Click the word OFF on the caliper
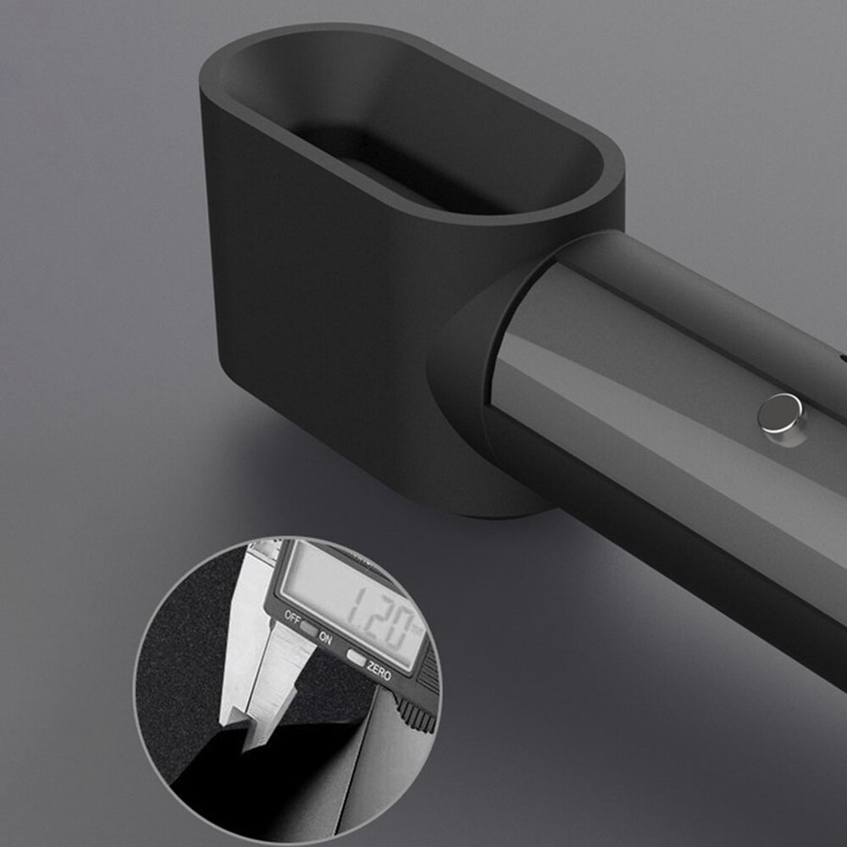(291, 617)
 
